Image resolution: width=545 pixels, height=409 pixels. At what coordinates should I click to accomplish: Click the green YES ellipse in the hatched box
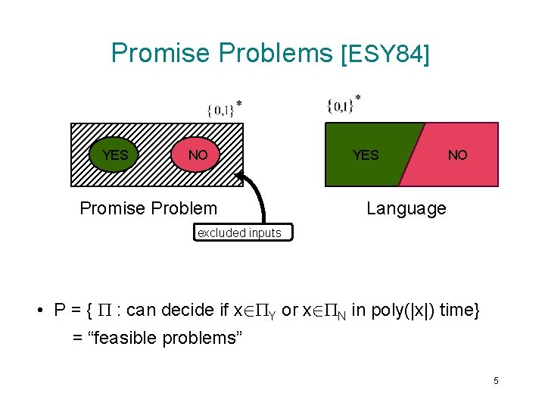click(x=115, y=155)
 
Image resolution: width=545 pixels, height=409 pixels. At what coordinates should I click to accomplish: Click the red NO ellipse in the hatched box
click(x=198, y=155)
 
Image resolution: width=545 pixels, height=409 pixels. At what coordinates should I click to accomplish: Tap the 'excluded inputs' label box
click(x=239, y=233)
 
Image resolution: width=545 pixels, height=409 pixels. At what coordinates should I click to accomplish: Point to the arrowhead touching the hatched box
click(x=241, y=177)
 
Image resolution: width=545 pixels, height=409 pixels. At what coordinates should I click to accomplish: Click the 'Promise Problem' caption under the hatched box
click(x=148, y=208)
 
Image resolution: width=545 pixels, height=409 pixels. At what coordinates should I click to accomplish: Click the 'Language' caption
click(x=406, y=208)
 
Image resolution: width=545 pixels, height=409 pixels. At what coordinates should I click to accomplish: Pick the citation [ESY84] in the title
click(x=385, y=55)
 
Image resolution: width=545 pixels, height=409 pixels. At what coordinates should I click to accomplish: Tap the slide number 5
click(x=496, y=381)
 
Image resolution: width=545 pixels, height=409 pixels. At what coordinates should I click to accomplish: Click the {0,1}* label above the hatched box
click(x=224, y=109)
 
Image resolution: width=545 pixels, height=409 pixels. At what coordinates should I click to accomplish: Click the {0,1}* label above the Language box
click(x=343, y=105)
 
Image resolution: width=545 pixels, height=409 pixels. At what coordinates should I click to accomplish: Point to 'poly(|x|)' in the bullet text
click(x=389, y=310)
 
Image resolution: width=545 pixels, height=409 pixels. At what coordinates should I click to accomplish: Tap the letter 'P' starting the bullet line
click(x=60, y=310)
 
